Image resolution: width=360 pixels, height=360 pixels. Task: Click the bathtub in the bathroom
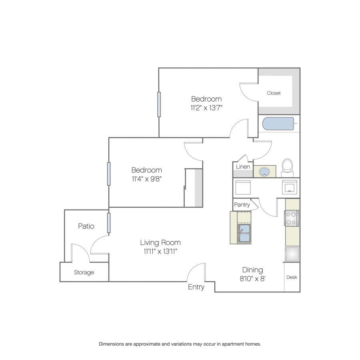tap(278, 124)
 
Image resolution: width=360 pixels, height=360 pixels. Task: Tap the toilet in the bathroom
tap(288, 168)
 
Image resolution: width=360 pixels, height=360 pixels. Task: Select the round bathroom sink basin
tap(264, 171)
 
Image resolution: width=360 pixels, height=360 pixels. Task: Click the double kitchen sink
tap(244, 233)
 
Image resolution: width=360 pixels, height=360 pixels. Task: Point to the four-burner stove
tap(291, 218)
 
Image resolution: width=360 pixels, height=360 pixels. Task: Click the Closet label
tap(274, 93)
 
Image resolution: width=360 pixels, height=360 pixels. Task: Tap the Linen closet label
tap(243, 167)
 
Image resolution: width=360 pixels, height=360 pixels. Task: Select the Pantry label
tap(242, 204)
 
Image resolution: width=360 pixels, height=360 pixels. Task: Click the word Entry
tap(196, 287)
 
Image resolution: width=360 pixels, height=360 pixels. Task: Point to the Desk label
tap(292, 277)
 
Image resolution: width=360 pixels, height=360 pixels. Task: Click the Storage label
tap(84, 272)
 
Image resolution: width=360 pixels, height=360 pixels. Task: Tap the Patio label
tap(86, 226)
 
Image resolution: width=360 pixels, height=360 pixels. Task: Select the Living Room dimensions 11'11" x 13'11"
tap(161, 252)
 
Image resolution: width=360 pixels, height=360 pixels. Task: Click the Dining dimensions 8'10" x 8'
tap(252, 279)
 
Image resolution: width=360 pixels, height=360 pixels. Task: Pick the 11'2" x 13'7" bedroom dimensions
tap(207, 108)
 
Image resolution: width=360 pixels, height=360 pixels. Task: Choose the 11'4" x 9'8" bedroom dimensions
tap(147, 179)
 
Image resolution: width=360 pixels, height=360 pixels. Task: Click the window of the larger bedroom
tap(159, 104)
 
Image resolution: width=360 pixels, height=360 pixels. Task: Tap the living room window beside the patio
tap(109, 223)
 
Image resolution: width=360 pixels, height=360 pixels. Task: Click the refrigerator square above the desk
tap(292, 254)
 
